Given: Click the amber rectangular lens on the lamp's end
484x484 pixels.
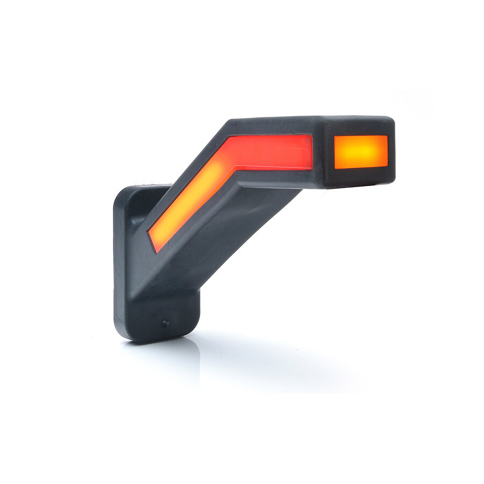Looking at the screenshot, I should point(361,152).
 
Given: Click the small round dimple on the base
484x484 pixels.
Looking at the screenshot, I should point(165,323).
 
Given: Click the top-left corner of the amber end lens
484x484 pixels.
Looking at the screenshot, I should point(336,137).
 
